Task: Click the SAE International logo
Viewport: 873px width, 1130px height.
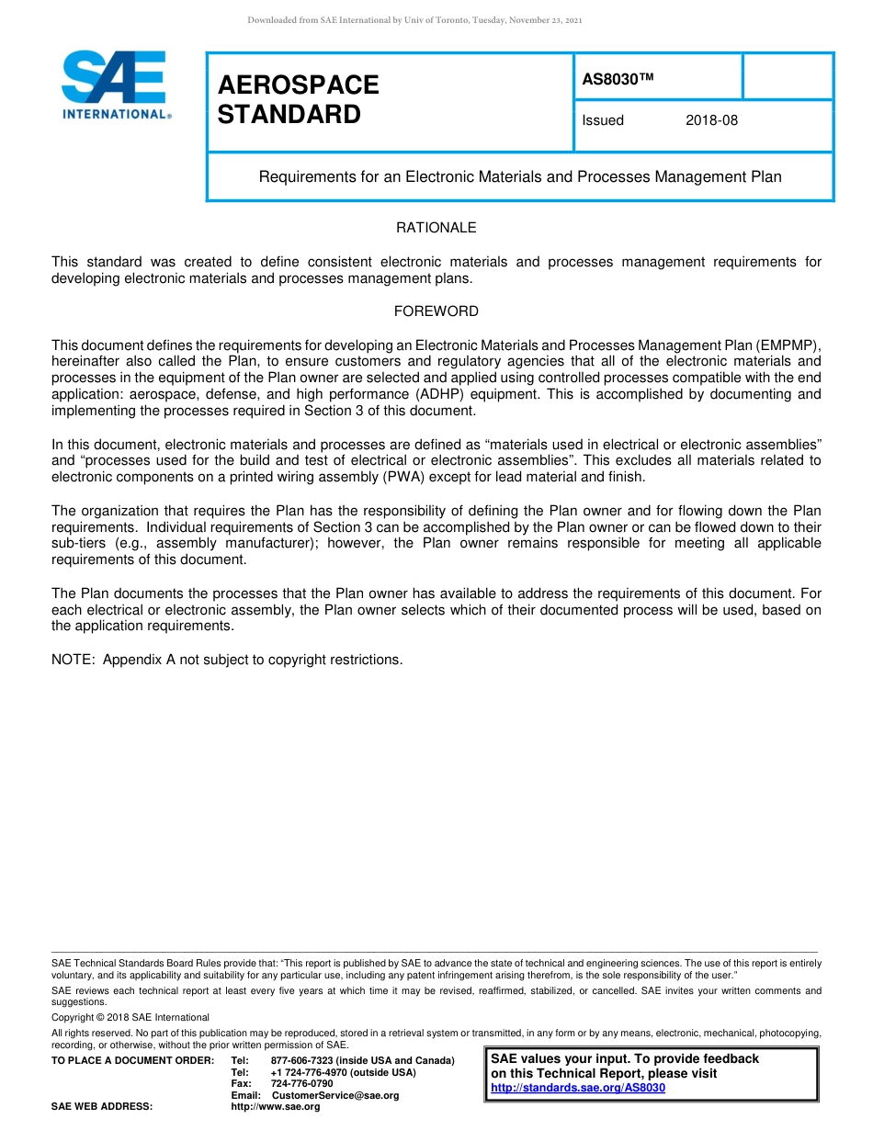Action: coord(115,85)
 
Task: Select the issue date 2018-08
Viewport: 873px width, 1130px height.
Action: coord(711,120)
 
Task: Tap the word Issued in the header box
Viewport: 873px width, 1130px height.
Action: coord(603,120)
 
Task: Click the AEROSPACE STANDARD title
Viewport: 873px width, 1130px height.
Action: coord(298,99)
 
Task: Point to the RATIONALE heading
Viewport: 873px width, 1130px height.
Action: coord(436,228)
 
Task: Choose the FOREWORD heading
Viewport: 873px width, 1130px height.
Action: coord(436,311)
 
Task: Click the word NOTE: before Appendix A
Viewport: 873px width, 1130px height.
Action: coord(74,660)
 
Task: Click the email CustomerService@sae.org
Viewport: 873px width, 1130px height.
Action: coord(335,1095)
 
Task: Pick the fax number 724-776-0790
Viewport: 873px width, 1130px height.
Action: coord(301,1083)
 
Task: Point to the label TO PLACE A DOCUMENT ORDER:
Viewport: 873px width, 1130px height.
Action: coord(132,1060)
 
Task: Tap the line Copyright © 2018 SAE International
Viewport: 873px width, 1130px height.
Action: coord(130,1017)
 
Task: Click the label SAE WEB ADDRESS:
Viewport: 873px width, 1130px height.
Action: coord(101,1106)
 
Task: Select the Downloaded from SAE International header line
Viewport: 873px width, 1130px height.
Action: coord(414,20)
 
